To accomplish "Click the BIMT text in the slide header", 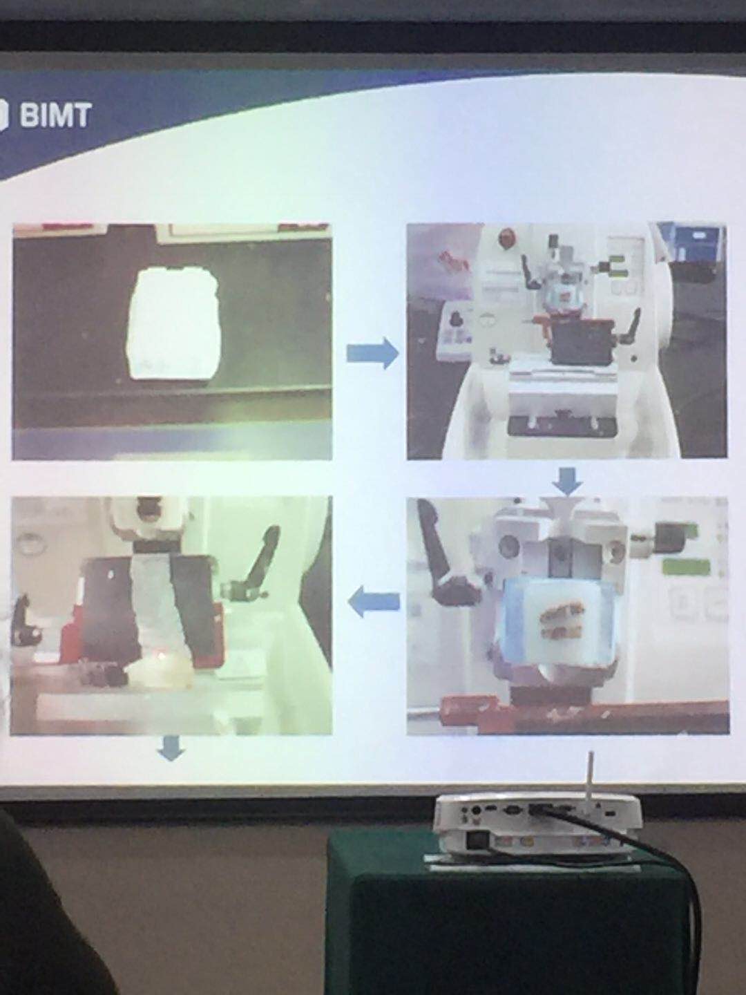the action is (x=55, y=116).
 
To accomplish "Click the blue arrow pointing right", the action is (x=373, y=353).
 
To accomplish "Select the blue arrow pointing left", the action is (x=374, y=601).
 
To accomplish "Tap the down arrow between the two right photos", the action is (x=568, y=482).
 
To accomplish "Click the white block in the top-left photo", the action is (x=173, y=323).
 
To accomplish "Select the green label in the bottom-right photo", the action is (x=686, y=567).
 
